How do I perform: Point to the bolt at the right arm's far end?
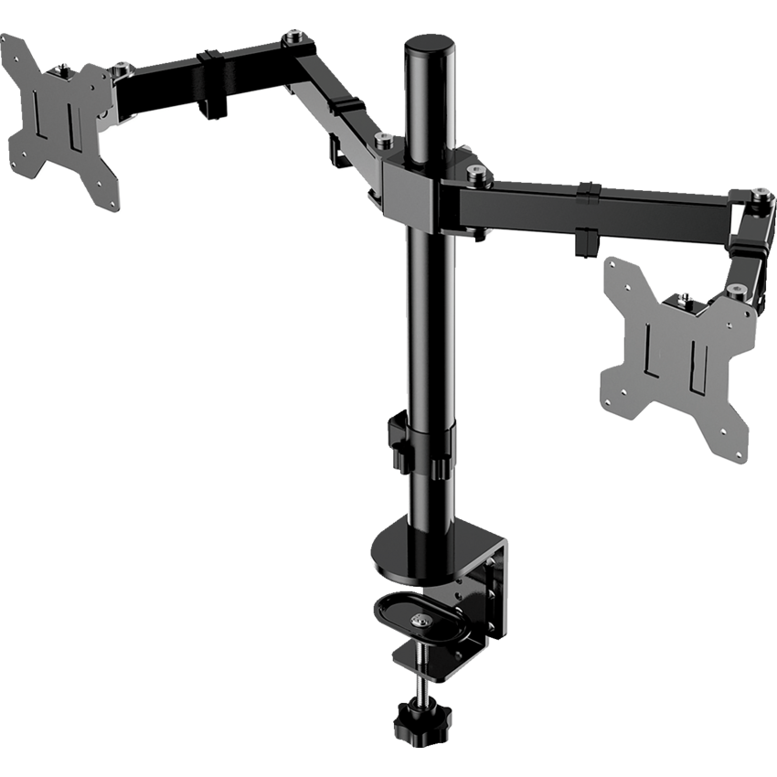[758, 194]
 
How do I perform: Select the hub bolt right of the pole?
[474, 171]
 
